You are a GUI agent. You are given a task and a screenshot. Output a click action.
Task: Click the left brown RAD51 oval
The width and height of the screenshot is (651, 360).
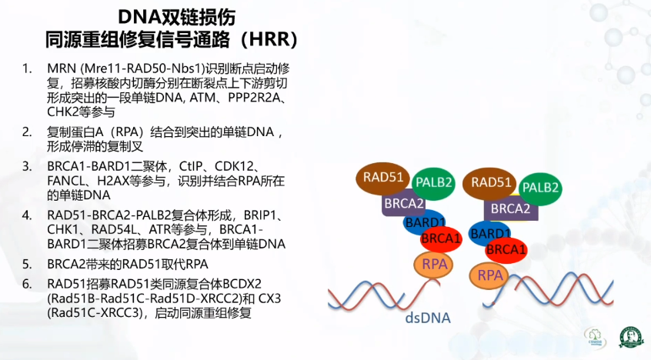point(382,178)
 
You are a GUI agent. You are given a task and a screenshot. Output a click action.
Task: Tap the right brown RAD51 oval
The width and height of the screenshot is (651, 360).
point(489,183)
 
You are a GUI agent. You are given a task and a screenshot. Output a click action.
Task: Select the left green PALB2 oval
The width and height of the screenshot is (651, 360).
point(433,184)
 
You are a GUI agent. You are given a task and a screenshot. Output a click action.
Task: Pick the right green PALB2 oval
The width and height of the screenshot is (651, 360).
point(540,188)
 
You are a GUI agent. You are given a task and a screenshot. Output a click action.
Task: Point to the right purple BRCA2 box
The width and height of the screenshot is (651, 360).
point(511,208)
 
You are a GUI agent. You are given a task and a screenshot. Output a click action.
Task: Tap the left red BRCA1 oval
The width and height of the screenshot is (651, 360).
point(441,238)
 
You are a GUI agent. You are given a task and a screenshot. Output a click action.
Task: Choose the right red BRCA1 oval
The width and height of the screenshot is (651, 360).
point(506,250)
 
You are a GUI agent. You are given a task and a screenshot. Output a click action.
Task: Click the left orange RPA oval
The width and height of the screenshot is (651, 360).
point(434,265)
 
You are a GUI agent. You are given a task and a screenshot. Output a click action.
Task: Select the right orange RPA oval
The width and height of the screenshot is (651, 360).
point(490,275)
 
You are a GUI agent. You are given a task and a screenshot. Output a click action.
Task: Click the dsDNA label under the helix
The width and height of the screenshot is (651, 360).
point(428,318)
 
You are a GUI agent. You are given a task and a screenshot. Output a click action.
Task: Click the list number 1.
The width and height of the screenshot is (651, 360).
point(27,68)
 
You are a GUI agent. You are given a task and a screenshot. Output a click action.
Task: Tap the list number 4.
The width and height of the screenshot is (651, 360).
point(27,215)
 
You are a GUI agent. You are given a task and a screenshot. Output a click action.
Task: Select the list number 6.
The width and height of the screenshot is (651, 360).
point(27,284)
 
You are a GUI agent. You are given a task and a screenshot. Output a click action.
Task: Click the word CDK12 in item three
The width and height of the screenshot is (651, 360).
point(234,166)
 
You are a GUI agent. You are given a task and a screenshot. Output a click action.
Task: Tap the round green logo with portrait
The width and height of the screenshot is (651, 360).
point(631,337)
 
